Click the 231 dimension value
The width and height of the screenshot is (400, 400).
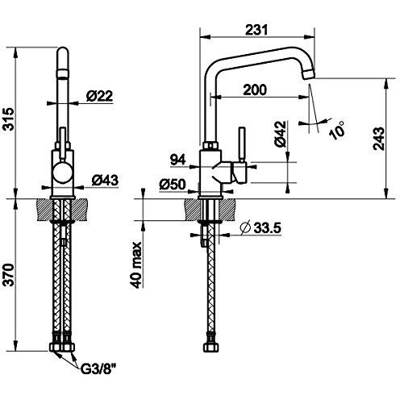[256, 30]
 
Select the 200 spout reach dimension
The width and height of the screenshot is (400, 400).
[255, 90]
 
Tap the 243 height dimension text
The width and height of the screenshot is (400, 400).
[379, 139]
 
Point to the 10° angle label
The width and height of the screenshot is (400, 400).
[338, 130]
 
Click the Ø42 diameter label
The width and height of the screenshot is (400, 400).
[281, 134]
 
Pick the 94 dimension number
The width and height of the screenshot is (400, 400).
[178, 160]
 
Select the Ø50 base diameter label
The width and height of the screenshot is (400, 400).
[173, 185]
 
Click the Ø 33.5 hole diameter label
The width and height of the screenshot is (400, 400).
[260, 228]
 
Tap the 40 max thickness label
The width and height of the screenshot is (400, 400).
[136, 265]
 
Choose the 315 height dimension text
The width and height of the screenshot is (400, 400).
[9, 119]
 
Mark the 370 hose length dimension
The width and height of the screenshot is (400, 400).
[9, 275]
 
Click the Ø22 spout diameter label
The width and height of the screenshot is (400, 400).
[99, 96]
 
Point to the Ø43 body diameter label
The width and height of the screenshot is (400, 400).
[105, 180]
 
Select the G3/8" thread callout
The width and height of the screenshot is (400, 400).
[98, 370]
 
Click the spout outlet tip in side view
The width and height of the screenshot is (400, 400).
[308, 73]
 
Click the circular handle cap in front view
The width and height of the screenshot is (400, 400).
[63, 173]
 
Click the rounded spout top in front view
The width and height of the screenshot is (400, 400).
[63, 52]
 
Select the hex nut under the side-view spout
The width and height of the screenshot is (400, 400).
[210, 146]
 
